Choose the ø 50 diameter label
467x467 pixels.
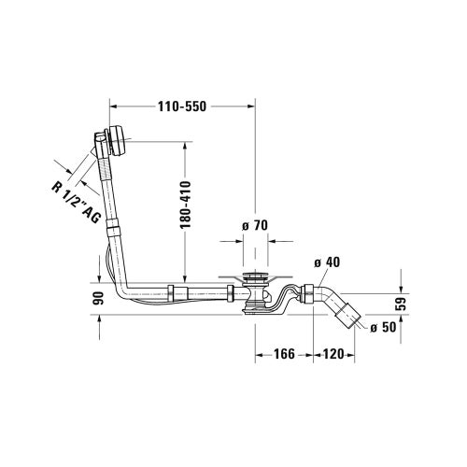(385, 327)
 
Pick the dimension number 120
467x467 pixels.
(334, 354)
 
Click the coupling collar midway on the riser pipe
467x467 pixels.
(112, 226)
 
